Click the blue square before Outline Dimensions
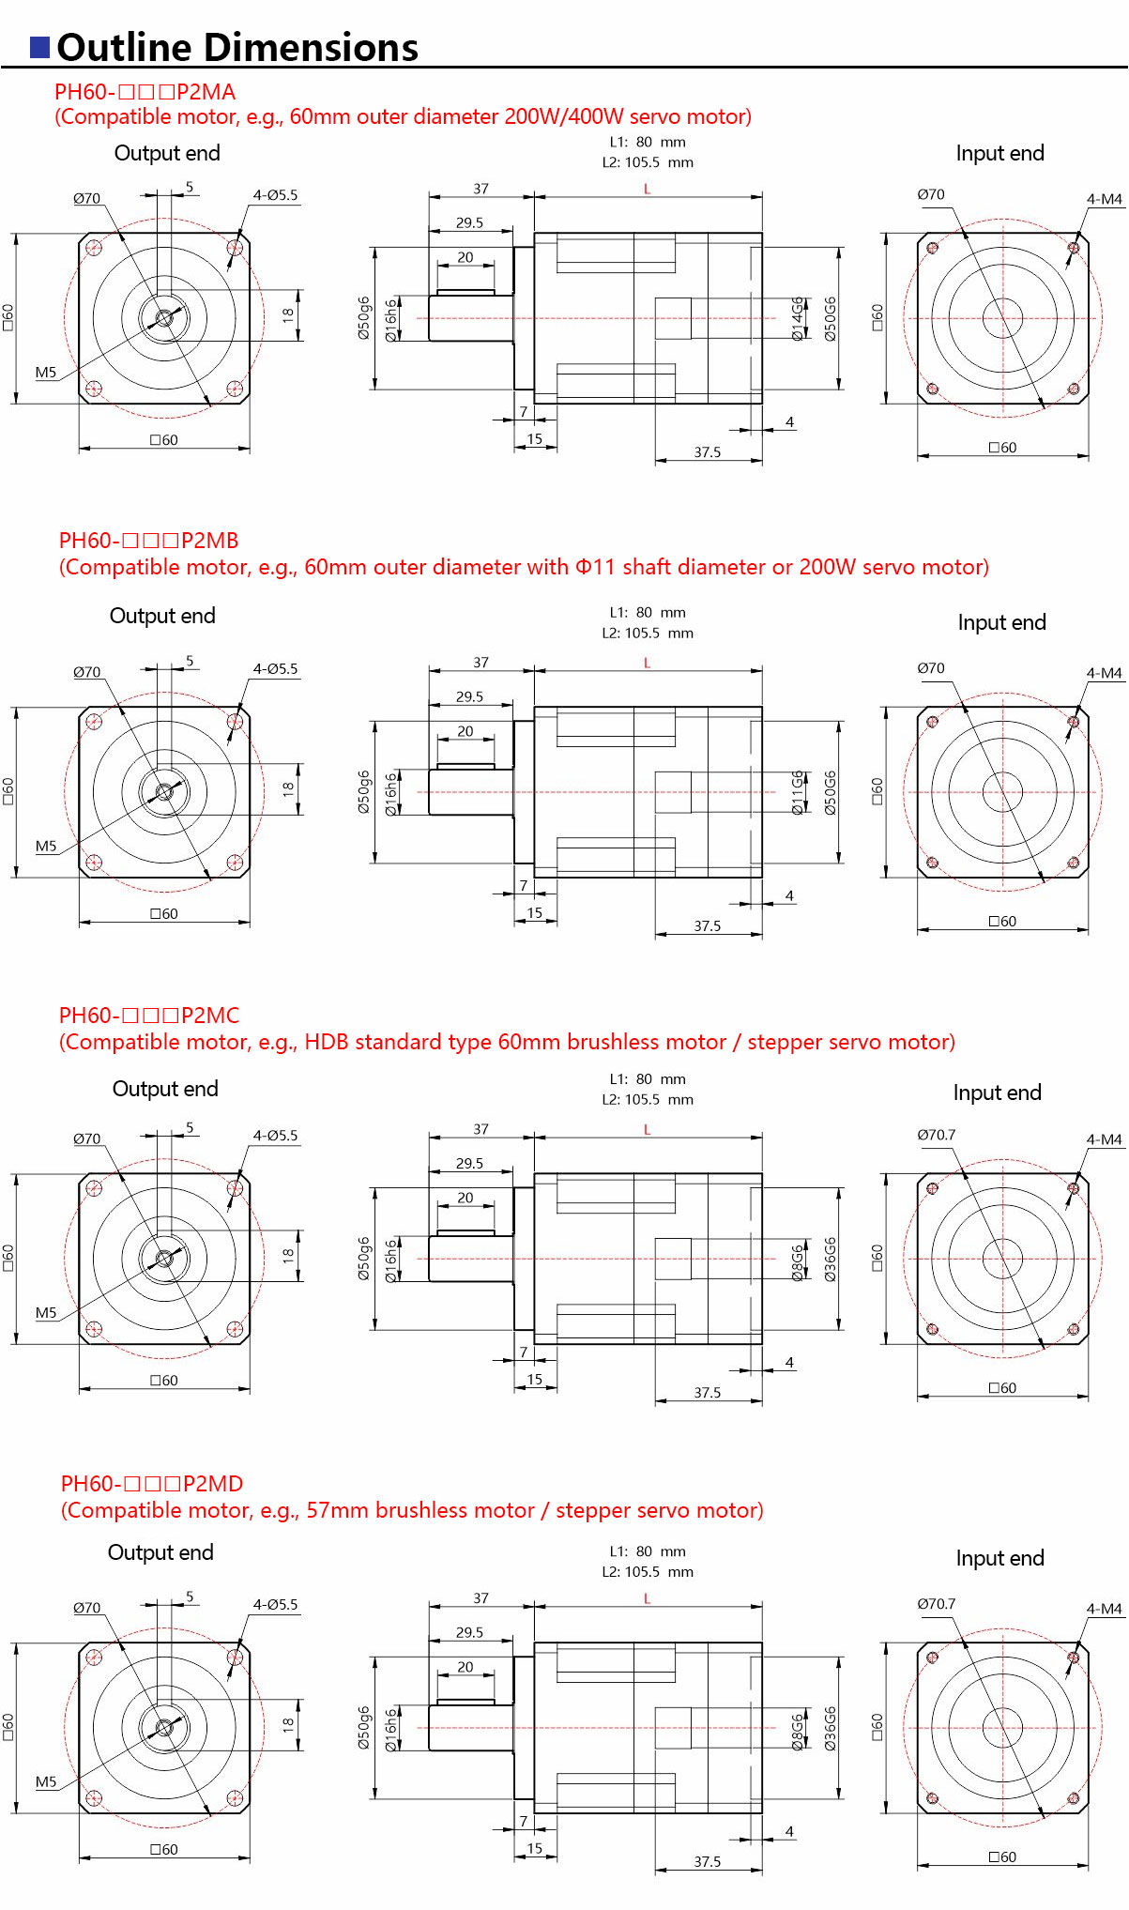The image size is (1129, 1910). pyautogui.click(x=39, y=48)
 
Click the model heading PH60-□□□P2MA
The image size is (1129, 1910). pyautogui.click(x=145, y=92)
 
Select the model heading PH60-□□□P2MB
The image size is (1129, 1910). pyautogui.click(x=148, y=541)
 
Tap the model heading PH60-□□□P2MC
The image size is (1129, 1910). pyautogui.click(x=148, y=1016)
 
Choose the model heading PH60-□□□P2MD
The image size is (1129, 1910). pyautogui.click(x=151, y=1484)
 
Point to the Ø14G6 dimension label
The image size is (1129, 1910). pyautogui.click(x=798, y=318)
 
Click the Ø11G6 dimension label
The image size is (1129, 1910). pyautogui.click(x=798, y=792)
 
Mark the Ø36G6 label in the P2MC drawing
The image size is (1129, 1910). pyautogui.click(x=831, y=1259)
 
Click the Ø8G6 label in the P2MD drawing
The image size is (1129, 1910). pyautogui.click(x=798, y=1733)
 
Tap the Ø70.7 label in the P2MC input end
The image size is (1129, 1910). pyautogui.click(x=936, y=1135)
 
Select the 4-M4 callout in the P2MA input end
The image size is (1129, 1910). pyautogui.click(x=1104, y=199)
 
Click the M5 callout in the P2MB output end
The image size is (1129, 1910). pyautogui.click(x=46, y=846)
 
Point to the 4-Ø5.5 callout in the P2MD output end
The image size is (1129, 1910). pyautogui.click(x=275, y=1604)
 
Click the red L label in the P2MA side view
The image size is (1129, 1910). pyautogui.click(x=647, y=190)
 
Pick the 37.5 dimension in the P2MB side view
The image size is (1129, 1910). pyautogui.click(x=707, y=925)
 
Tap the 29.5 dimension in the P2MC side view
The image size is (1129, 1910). pyautogui.click(x=469, y=1163)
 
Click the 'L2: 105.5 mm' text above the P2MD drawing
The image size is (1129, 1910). pyautogui.click(x=648, y=1571)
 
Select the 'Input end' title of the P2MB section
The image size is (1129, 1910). pyautogui.click(x=1001, y=622)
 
